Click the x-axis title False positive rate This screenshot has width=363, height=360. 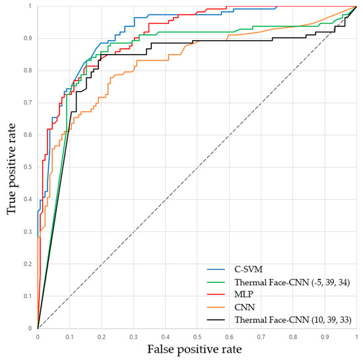pyautogui.click(x=195, y=349)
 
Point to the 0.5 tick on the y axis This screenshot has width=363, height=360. pyautogui.click(x=29, y=167)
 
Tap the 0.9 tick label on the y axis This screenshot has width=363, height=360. pyautogui.click(x=29, y=39)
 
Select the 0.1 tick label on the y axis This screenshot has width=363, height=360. pyautogui.click(x=29, y=296)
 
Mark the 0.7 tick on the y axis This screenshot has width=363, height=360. pyautogui.click(x=29, y=103)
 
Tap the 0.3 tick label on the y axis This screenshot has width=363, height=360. pyautogui.click(x=29, y=231)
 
